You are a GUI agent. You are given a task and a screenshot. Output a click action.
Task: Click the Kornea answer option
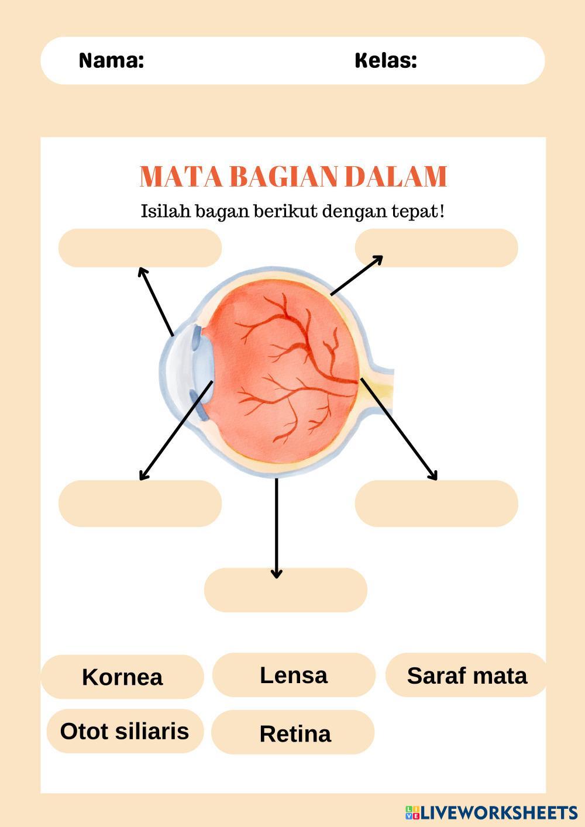(122, 677)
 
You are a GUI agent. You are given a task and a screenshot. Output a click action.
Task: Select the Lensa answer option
(294, 675)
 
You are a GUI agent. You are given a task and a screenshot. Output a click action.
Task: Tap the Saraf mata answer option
(466, 676)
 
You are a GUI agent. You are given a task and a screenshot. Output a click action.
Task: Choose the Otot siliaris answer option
(125, 731)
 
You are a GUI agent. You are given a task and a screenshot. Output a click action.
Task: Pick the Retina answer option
(295, 733)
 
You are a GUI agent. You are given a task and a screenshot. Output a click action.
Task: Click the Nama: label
(111, 60)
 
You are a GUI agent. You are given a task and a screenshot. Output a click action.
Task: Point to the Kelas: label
(386, 60)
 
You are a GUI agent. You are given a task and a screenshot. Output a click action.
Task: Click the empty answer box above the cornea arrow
(140, 248)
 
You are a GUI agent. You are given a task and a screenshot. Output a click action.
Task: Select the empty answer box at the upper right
(436, 248)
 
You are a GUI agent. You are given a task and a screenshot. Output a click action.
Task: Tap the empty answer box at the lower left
(140, 504)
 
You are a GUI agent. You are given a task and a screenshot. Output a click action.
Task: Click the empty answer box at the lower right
(436, 504)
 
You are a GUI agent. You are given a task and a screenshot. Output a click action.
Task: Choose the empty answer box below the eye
(285, 590)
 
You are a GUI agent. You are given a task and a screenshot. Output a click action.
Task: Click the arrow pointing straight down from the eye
(277, 526)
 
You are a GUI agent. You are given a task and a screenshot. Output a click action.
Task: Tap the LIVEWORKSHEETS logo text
(498, 812)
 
